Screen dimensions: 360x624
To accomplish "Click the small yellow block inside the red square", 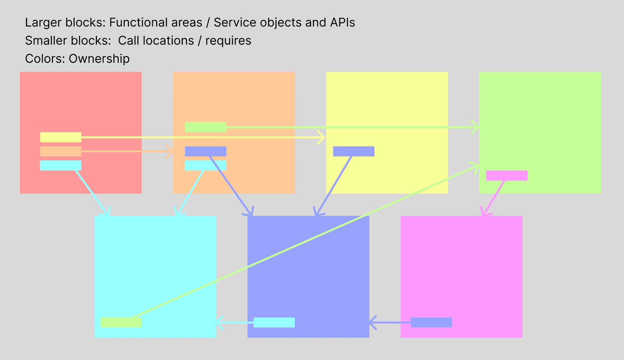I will click(x=60, y=137).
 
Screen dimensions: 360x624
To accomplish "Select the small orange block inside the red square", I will click(x=60, y=151).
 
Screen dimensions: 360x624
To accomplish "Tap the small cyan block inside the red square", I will click(x=60, y=165).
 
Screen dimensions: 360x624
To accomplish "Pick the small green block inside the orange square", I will click(x=206, y=127).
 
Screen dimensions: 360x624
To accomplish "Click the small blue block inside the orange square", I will click(x=206, y=151).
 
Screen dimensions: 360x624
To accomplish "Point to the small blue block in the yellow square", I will click(x=353, y=151).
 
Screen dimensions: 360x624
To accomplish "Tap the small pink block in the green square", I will click(x=507, y=176).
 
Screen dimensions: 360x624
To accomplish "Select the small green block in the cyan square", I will click(x=121, y=323).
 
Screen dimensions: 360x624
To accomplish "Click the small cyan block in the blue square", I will click(x=274, y=323).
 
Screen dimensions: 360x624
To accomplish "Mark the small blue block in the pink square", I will click(x=431, y=323).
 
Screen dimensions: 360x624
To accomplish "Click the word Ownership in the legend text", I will click(x=99, y=59).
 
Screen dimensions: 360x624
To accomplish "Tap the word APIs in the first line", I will click(x=343, y=23).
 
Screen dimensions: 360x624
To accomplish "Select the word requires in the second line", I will click(x=228, y=41).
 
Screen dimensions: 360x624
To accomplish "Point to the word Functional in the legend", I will click(x=156, y=23).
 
